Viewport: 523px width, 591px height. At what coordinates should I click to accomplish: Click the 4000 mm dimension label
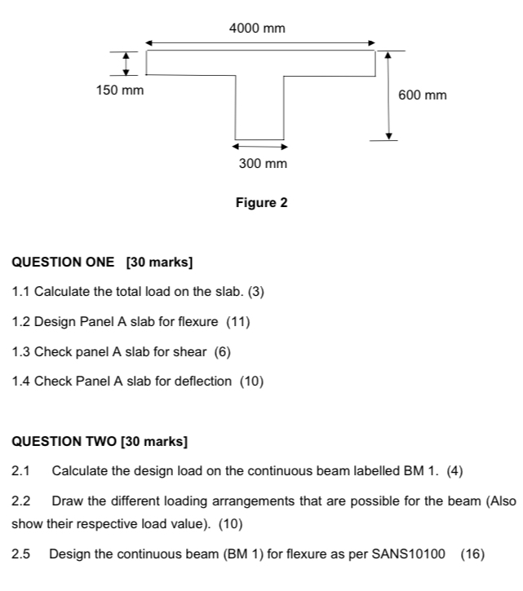257,29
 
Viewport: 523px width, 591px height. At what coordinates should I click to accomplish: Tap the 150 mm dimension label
120,90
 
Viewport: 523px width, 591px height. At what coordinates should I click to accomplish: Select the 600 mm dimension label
423,95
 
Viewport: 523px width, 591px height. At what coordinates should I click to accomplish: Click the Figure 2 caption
261,202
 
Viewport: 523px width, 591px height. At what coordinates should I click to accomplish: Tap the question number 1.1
21,292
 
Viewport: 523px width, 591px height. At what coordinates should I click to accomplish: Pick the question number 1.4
21,381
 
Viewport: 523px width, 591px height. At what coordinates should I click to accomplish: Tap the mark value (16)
472,554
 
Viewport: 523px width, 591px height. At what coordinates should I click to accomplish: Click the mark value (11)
237,322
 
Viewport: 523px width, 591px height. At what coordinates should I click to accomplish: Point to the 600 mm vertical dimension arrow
388,95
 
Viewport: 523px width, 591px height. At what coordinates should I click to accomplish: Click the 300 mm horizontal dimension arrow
260,148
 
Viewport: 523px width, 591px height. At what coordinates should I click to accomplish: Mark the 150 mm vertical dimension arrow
126,63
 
